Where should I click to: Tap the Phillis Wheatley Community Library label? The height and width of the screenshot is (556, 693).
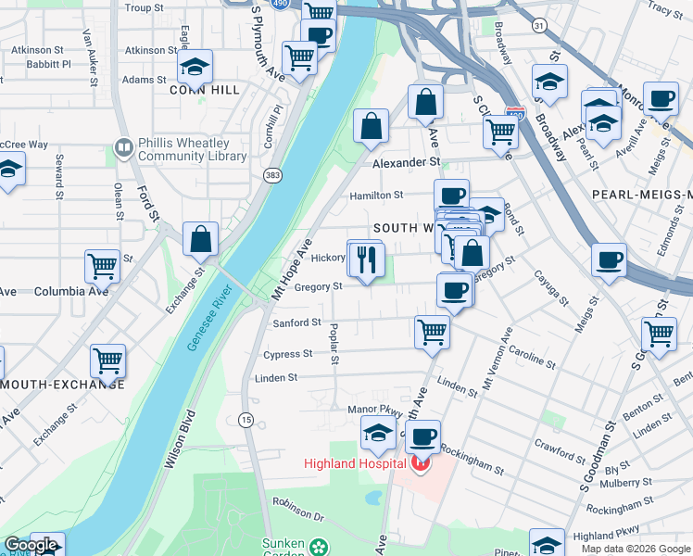coord(192,149)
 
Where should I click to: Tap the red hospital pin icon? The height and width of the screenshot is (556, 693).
coord(421,463)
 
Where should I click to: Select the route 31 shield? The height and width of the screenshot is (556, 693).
coord(539,26)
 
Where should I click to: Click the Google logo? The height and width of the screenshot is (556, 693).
coord(31,545)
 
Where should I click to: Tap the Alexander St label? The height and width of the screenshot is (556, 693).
coord(406,161)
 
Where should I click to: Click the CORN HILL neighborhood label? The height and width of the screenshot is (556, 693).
coord(205,90)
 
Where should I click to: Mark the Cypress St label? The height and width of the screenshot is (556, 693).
coord(287,354)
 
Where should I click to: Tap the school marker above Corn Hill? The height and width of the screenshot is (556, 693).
coord(195,67)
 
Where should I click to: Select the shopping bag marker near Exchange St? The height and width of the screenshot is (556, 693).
coord(200,239)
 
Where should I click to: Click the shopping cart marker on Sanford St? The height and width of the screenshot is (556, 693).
coord(433,331)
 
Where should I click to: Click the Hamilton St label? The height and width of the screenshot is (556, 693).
coord(376,196)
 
